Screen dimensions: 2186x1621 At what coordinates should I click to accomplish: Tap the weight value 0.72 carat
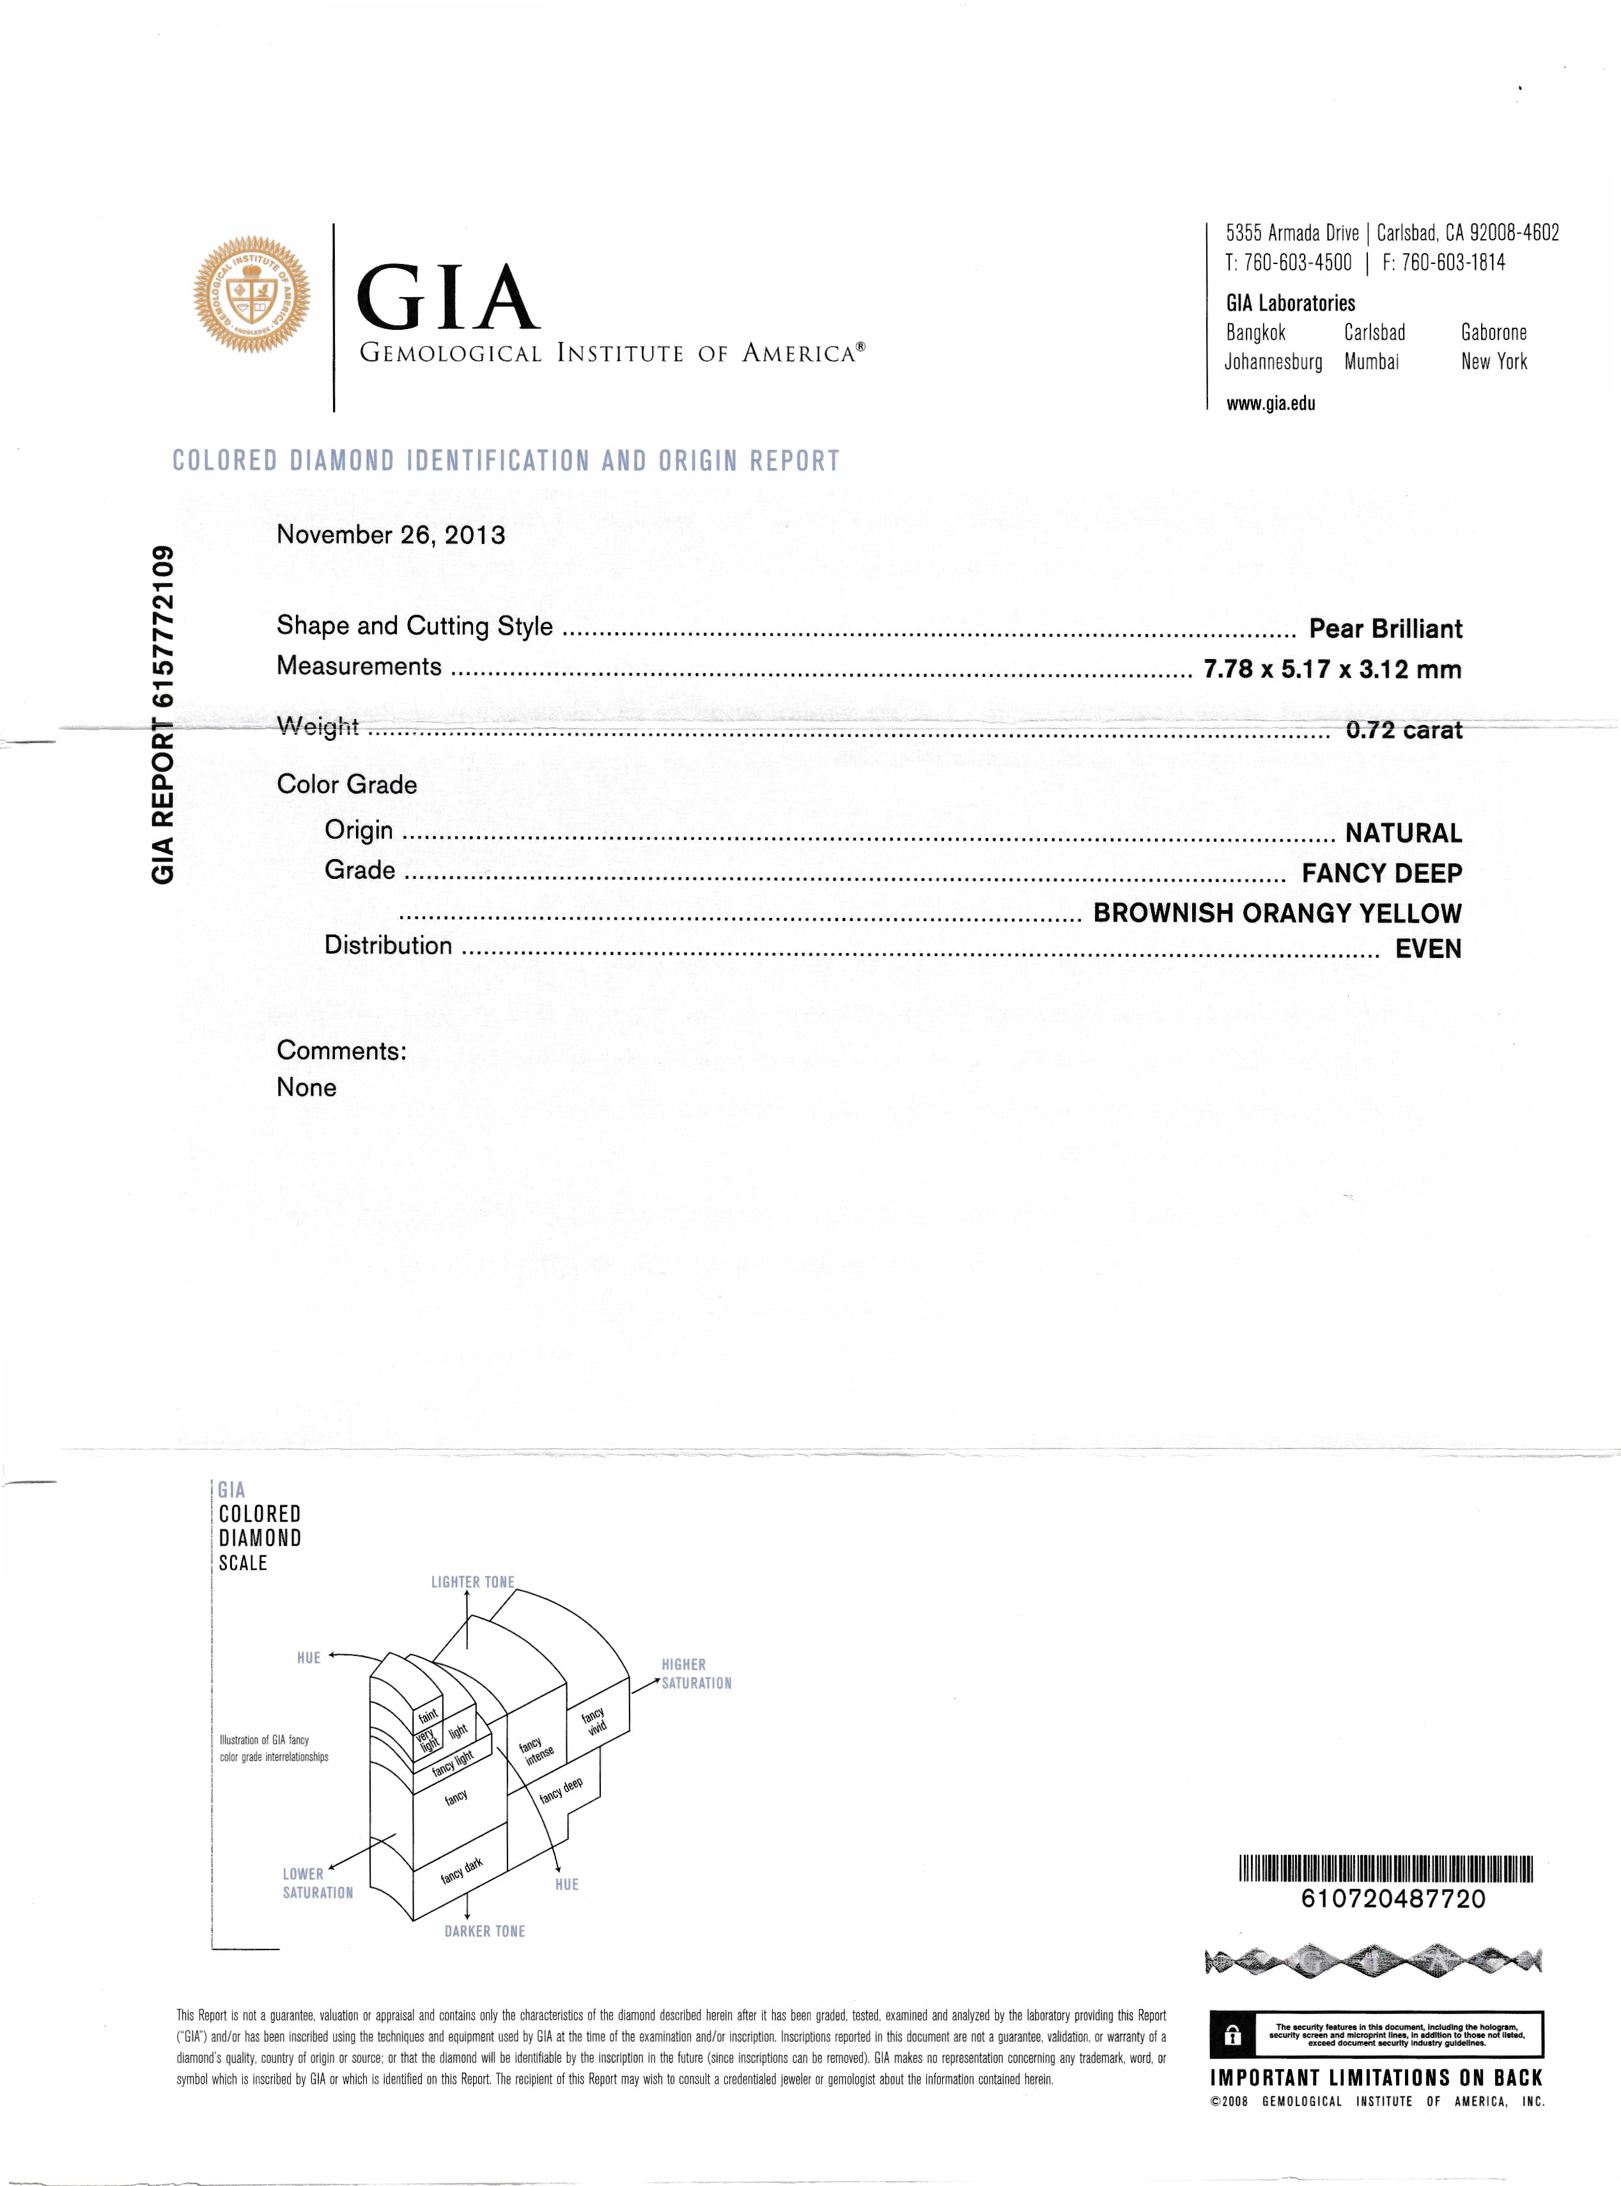coord(1403,730)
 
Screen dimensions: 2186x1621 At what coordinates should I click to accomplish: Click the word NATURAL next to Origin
coord(1402,833)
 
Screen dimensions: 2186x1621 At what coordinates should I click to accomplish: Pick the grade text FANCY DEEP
coord(1381,873)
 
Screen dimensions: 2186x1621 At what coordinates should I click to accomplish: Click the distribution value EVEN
coord(1428,949)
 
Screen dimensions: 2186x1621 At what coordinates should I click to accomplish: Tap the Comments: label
coord(341,1051)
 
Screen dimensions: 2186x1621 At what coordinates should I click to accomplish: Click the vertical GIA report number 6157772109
coord(163,714)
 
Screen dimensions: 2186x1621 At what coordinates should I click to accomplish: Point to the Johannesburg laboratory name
coord(1273,362)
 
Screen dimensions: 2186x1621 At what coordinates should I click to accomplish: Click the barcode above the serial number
coord(1386,1868)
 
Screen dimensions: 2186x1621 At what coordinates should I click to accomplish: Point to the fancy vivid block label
coord(594,1721)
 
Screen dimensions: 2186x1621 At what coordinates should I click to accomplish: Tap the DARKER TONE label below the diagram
coord(485,1931)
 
